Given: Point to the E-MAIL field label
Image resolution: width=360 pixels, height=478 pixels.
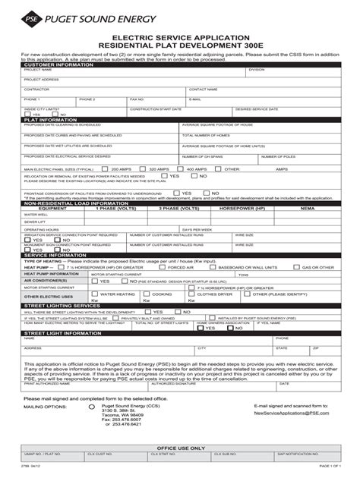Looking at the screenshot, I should pyautogui.click(x=195, y=99).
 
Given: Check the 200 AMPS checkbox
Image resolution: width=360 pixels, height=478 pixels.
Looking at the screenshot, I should pyautogui.click(x=107, y=169).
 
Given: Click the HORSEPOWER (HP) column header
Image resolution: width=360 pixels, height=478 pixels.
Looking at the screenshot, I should pyautogui.click(x=242, y=207).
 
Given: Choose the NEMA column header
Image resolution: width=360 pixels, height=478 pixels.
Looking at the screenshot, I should pyautogui.click(x=307, y=207).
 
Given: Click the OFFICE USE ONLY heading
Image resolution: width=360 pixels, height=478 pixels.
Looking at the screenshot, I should pyautogui.click(x=180, y=448).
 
